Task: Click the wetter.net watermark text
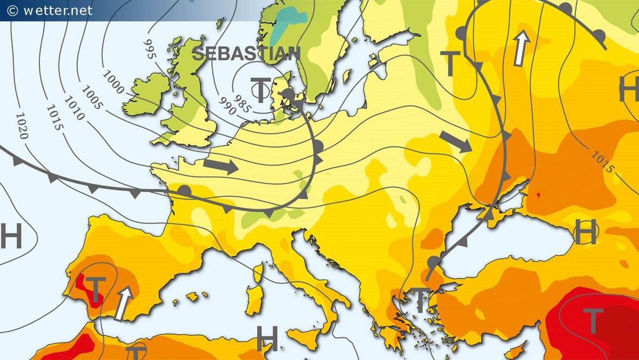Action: [50, 10]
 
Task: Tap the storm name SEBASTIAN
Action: [246, 53]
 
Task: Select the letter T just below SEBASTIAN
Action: [260, 90]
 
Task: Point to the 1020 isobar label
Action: [22, 125]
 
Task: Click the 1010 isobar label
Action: [74, 108]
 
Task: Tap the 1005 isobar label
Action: [93, 98]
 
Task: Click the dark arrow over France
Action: [221, 166]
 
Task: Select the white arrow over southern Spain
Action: [123, 303]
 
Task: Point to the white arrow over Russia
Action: [521, 48]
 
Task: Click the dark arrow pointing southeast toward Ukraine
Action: [456, 142]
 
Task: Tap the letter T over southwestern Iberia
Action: [95, 290]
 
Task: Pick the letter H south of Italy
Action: [267, 339]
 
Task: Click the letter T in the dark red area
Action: [593, 320]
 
